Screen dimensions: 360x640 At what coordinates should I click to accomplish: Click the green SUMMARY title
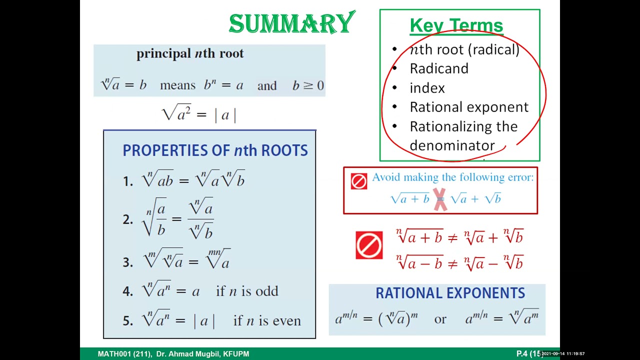click(291, 24)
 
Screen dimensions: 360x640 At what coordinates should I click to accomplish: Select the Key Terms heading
click(456, 25)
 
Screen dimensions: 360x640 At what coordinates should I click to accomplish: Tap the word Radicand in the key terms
click(439, 68)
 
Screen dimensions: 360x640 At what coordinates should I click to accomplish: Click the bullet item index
click(427, 88)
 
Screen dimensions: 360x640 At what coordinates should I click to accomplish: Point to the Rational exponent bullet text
click(469, 107)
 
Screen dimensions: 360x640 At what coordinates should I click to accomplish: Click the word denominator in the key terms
click(452, 145)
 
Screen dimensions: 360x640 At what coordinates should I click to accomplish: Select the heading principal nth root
click(190, 53)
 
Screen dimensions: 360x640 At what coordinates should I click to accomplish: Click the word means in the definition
click(177, 85)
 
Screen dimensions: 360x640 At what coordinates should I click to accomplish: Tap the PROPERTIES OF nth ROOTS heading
click(215, 150)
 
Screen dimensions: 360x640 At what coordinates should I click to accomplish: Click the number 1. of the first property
click(127, 181)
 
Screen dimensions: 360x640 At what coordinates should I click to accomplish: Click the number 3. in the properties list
click(127, 262)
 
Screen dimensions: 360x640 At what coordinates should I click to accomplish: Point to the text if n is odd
click(247, 291)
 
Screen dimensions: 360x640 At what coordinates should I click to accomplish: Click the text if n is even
click(267, 320)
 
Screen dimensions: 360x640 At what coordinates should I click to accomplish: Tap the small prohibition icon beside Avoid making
click(358, 181)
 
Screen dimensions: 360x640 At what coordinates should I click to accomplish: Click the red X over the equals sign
click(439, 199)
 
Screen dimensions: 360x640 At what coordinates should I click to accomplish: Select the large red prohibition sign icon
click(369, 245)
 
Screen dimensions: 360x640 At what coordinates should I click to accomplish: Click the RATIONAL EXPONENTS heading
click(450, 293)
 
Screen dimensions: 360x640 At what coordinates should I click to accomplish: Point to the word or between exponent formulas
click(440, 319)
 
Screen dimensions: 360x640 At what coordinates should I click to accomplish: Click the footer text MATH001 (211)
click(124, 354)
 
